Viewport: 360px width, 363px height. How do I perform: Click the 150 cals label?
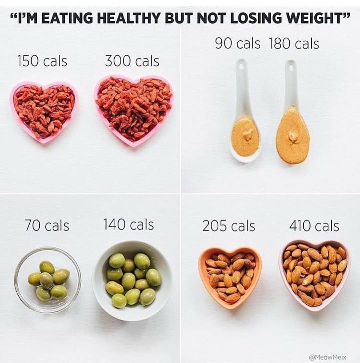(x=42, y=61)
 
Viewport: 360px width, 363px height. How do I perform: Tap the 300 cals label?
(x=132, y=61)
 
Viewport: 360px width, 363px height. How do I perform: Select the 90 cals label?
(x=237, y=43)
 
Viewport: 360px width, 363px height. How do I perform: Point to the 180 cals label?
(x=294, y=44)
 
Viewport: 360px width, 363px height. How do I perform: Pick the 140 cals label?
(x=129, y=224)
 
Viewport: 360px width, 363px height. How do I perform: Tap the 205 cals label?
(x=229, y=226)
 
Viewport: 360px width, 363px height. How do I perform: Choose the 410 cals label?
(x=314, y=226)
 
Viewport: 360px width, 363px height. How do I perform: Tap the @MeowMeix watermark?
(x=328, y=357)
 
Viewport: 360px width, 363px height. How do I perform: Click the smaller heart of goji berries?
(x=44, y=111)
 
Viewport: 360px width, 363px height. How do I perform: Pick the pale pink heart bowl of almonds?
(x=315, y=274)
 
